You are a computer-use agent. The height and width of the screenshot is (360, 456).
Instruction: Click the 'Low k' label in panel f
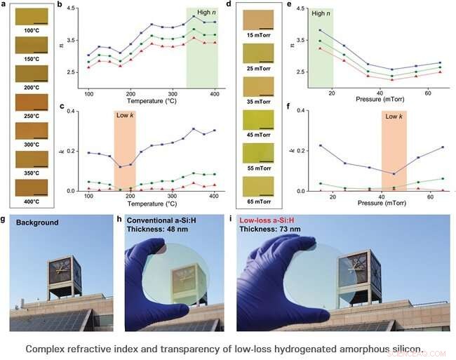tap(394, 114)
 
